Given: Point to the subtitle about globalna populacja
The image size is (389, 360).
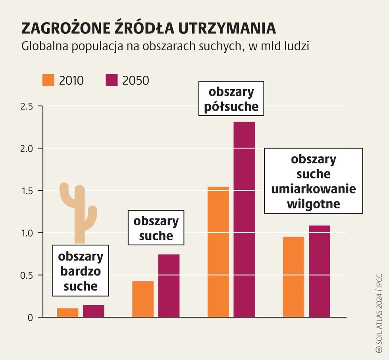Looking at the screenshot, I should [x=165, y=46].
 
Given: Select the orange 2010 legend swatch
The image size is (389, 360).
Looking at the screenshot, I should [x=48, y=80].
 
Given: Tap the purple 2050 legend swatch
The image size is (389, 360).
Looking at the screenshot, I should [x=112, y=80].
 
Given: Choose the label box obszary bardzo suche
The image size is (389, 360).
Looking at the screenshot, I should [x=81, y=271].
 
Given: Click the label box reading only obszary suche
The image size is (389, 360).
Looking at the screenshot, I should [x=156, y=228].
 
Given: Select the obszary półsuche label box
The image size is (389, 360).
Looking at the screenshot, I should [x=231, y=99].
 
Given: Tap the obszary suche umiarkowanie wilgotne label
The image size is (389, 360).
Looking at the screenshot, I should [x=314, y=181].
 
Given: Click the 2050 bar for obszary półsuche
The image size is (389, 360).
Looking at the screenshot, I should [x=244, y=219].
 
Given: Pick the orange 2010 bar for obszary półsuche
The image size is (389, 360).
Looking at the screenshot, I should [x=218, y=252].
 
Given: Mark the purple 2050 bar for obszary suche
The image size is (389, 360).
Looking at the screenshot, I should [x=169, y=285].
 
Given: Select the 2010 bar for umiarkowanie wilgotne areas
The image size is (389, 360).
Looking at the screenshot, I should [x=293, y=277].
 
